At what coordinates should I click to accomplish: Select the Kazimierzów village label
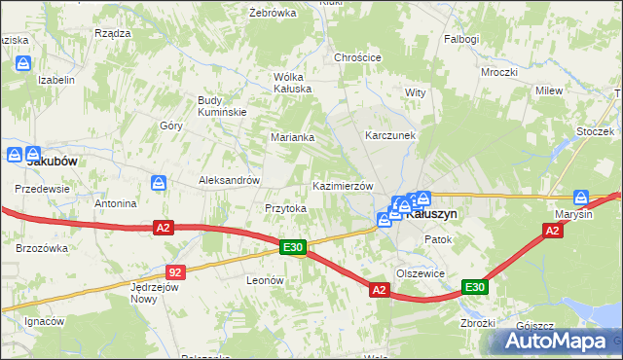342,186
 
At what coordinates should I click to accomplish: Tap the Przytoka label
286,208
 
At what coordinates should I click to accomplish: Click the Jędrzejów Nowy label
158,293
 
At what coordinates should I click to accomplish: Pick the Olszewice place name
421,273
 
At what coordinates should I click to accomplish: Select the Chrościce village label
357,57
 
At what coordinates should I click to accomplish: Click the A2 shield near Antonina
163,228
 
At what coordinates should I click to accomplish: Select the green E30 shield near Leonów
293,248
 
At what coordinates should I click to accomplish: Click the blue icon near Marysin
582,196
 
